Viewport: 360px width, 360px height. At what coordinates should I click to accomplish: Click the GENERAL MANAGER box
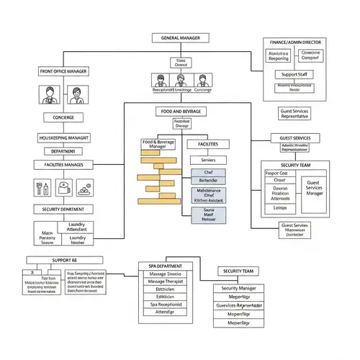click(x=180, y=37)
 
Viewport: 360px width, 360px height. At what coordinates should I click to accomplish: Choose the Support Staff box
click(x=294, y=75)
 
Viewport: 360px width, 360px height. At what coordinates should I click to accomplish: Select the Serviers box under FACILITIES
click(x=209, y=160)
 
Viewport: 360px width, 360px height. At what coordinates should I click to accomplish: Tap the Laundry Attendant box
click(x=77, y=228)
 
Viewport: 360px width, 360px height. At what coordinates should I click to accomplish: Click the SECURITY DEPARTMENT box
click(x=63, y=209)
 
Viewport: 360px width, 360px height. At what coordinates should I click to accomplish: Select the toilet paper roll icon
click(x=63, y=189)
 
